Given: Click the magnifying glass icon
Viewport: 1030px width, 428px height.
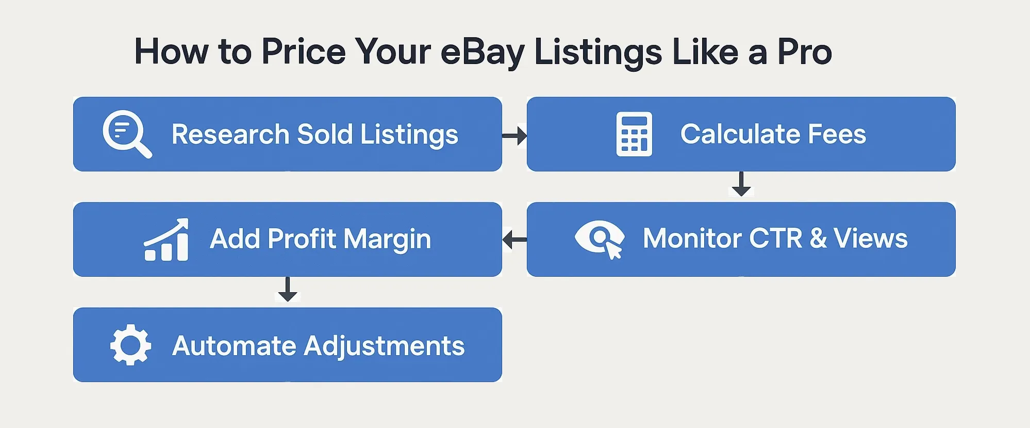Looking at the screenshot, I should coord(126,133).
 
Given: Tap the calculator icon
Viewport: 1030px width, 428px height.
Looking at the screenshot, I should coord(634,134).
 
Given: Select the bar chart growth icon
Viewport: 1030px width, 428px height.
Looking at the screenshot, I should coord(167,240).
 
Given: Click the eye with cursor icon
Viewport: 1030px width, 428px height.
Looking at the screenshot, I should coord(600,239).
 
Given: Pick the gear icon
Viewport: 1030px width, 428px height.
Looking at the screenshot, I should coord(130,345).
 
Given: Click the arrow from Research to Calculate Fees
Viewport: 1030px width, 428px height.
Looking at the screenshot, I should coord(514,136).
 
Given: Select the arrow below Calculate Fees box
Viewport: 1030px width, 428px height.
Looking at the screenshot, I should coord(741,184).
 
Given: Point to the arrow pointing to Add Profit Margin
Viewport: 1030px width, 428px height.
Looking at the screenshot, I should coord(514,240).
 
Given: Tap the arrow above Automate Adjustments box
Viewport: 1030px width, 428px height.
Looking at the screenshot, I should coord(288,289).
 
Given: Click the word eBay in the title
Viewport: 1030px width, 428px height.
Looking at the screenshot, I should coord(483,53).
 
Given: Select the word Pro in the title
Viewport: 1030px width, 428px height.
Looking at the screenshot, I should coord(804,52).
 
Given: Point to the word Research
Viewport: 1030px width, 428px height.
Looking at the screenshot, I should coord(230,134).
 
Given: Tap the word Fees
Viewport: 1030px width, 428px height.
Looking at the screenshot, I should coord(837,134).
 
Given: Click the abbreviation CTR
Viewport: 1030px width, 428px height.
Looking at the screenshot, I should coord(775,239).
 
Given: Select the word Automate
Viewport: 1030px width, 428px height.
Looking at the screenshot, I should coord(234,345).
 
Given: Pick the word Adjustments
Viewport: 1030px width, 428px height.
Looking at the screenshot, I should coord(384,346).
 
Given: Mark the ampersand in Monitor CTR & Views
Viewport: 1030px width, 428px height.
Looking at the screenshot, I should coord(818,239).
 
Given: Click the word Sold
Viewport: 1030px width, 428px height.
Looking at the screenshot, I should coord(325,134).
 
